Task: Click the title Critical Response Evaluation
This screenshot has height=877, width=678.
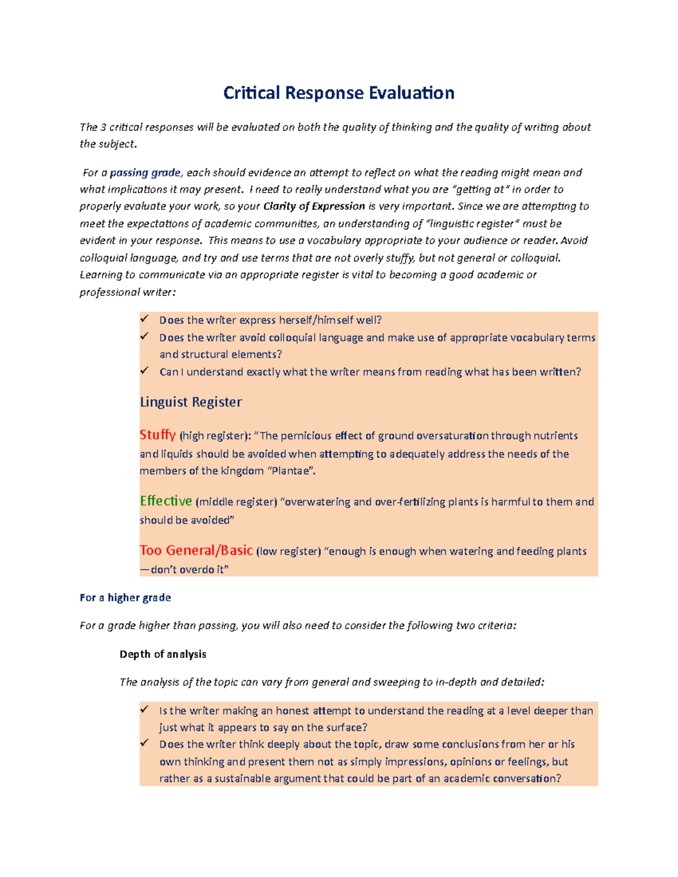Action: pos(338,93)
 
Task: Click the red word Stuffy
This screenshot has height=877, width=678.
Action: pos(158,435)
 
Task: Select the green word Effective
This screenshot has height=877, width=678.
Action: pos(166,501)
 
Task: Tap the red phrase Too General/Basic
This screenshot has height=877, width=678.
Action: pos(196,550)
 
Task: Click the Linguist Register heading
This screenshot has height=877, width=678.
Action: pos(191,402)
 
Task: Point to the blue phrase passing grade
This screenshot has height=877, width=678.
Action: pos(145,173)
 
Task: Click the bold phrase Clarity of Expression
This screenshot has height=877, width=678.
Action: pos(314,207)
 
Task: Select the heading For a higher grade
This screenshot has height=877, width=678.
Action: pos(125,597)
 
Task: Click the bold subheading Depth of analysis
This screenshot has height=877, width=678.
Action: pos(163,654)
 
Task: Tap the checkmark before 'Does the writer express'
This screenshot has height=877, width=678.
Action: pos(145,319)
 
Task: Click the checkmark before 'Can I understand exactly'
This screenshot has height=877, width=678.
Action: pos(145,371)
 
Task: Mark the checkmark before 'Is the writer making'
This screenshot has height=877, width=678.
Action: pos(145,710)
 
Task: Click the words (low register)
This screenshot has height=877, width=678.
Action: pos(288,551)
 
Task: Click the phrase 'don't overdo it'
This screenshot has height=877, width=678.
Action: pos(189,569)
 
